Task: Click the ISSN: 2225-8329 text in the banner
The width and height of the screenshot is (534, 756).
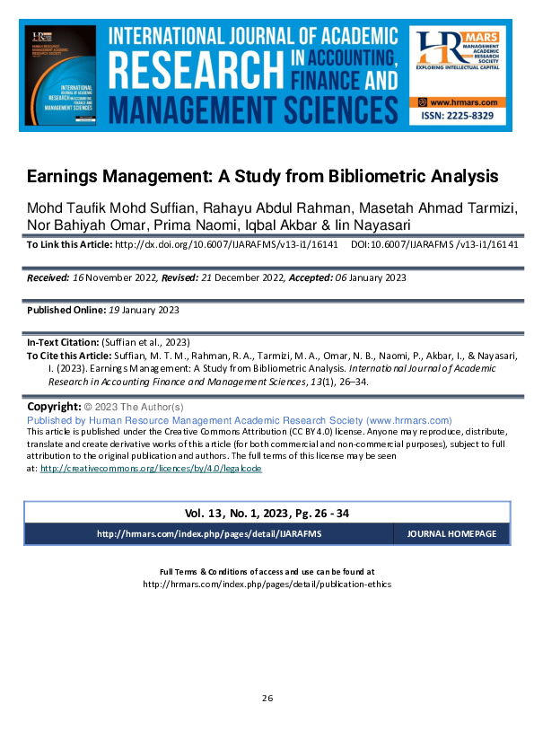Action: (460, 118)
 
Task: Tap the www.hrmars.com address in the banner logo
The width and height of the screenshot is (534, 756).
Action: (464, 103)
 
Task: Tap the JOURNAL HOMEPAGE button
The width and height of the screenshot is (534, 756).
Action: (451, 533)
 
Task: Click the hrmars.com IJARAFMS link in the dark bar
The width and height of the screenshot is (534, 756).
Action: (208, 533)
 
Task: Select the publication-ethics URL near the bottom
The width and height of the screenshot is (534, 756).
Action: (267, 584)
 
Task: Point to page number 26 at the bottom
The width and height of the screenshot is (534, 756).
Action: (267, 698)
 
